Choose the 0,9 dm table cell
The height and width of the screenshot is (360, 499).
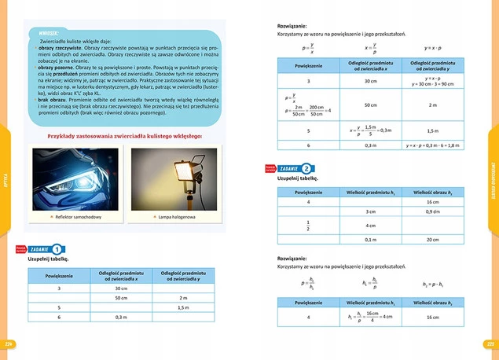point(431,211)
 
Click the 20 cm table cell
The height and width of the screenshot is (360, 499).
point(431,239)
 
